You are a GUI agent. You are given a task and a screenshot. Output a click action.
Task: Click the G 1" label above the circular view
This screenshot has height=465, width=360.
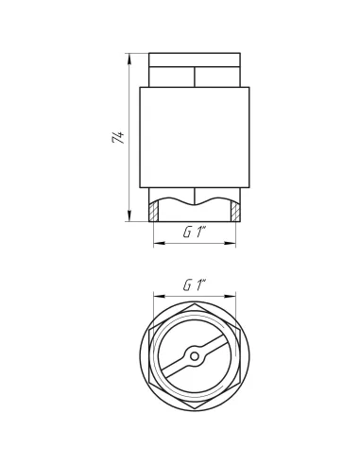pyautogui.click(x=195, y=284)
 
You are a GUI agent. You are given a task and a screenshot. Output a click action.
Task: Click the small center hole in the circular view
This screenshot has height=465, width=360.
pyautogui.click(x=195, y=355)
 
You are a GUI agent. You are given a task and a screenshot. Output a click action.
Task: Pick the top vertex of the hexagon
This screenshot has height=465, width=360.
pyautogui.click(x=195, y=304)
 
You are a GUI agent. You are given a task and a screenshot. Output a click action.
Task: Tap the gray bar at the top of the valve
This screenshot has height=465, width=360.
pyautogui.click(x=195, y=47)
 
